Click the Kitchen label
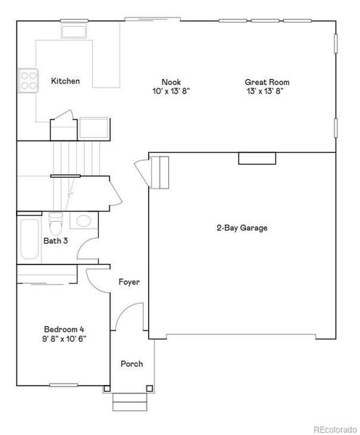coord(65,81)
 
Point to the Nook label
coord(171,83)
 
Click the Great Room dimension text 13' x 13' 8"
coord(263,92)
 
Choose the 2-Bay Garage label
coord(242,228)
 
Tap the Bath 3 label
coord(56,241)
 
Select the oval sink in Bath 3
coord(84,220)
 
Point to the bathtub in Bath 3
coord(29,240)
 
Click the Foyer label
coord(129,282)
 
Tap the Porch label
coord(131,364)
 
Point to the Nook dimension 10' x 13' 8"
coord(171,92)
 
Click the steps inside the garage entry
coord(159,172)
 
